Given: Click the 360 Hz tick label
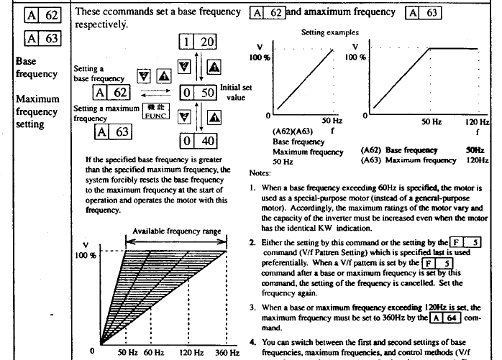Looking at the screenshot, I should (227, 354).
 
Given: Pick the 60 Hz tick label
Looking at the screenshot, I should (153, 354).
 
